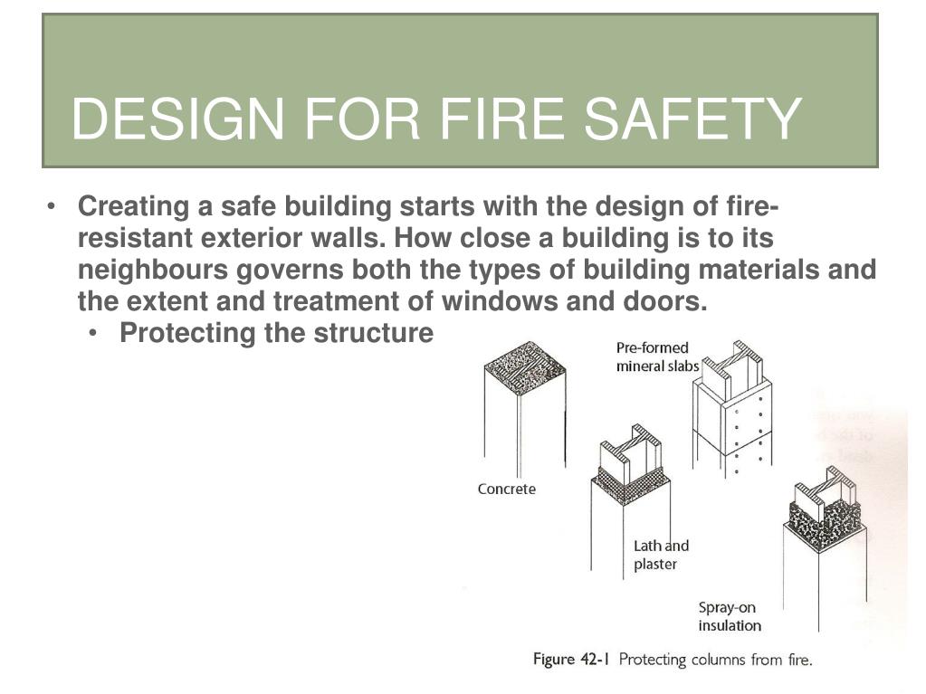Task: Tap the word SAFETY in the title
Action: click(x=692, y=119)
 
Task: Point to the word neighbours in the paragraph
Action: click(x=153, y=271)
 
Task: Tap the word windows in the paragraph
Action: click(x=500, y=301)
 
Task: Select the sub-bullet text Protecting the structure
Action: click(x=276, y=333)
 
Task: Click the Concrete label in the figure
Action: click(x=507, y=490)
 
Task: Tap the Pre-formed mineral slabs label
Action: click(x=657, y=357)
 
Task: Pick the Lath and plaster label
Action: click(x=661, y=555)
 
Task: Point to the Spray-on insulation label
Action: click(x=730, y=617)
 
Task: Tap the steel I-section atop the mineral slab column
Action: click(x=732, y=371)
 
